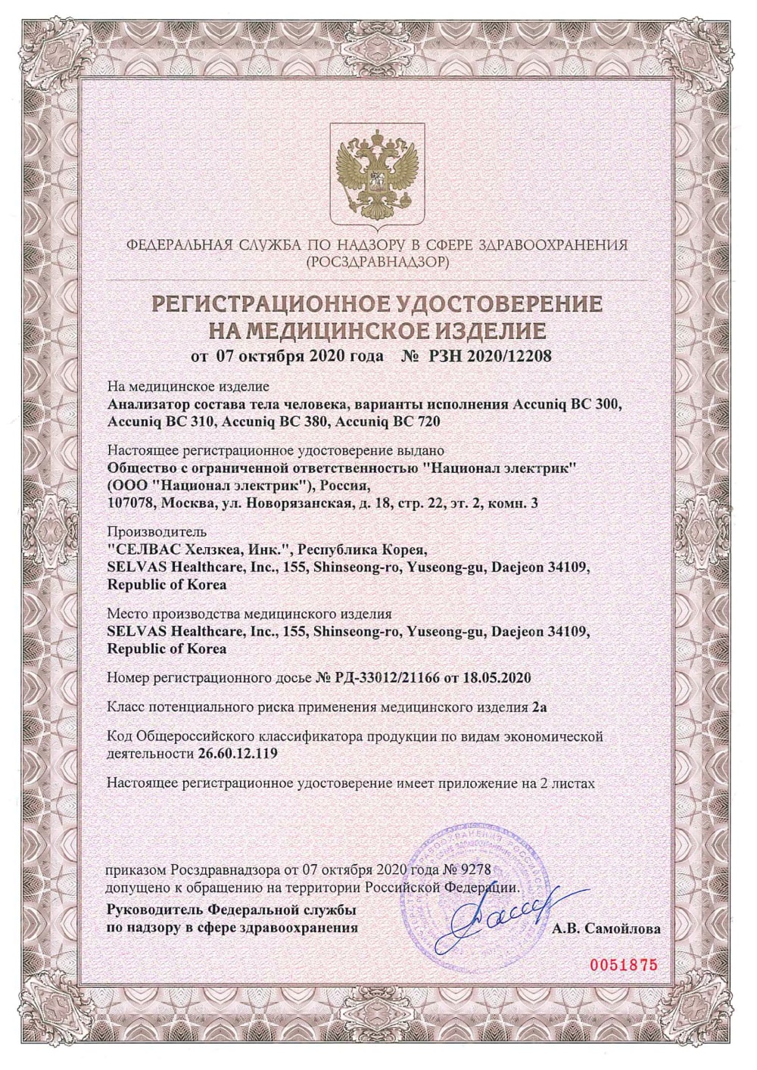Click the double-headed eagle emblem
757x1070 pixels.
pyautogui.click(x=378, y=175)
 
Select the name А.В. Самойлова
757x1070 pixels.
pyautogui.click(x=606, y=928)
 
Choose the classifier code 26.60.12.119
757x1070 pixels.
pyautogui.click(x=234, y=753)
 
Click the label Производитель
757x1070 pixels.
pyautogui.click(x=157, y=533)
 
